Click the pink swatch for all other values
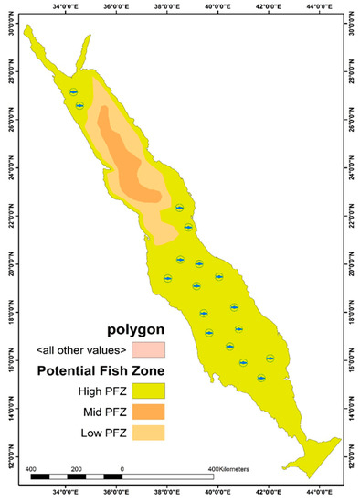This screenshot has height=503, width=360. point(148,349)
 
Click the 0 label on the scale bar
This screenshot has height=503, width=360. point(122,468)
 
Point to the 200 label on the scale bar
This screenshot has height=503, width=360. point(77,468)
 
